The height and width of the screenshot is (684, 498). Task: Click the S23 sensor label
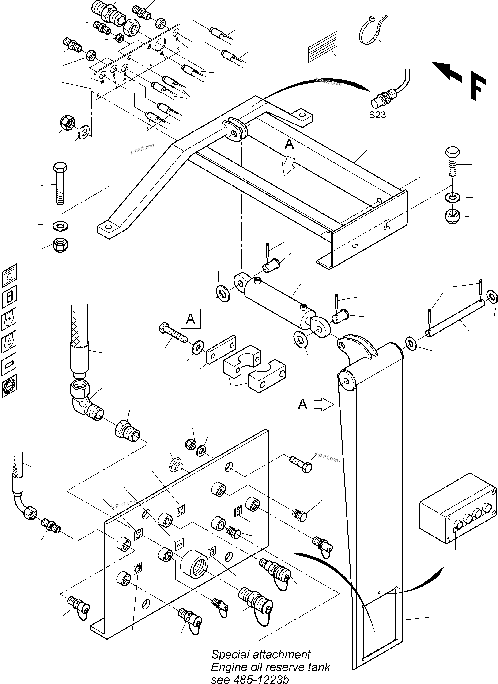coord(377,115)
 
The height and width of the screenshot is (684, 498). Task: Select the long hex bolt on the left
coord(60,184)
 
